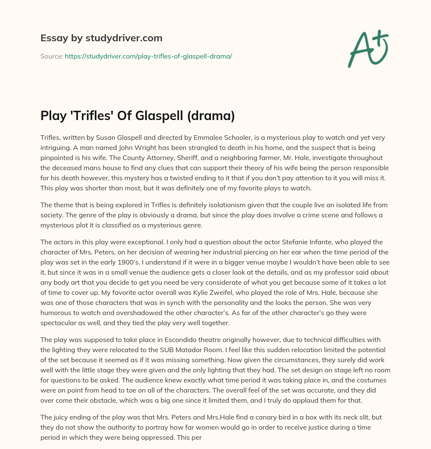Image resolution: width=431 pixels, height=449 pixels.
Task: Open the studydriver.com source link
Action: pyautogui.click(x=148, y=56)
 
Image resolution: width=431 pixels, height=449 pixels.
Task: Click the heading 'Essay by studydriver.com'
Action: pyautogui.click(x=101, y=38)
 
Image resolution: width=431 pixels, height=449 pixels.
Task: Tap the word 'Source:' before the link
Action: pyautogui.click(x=52, y=56)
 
